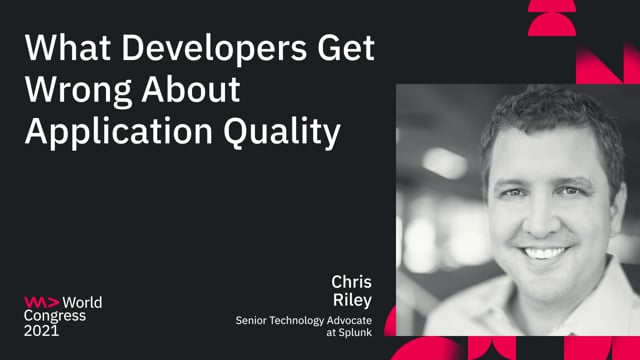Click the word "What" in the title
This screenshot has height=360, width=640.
pos(62,49)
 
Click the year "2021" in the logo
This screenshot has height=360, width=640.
pos(42,331)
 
